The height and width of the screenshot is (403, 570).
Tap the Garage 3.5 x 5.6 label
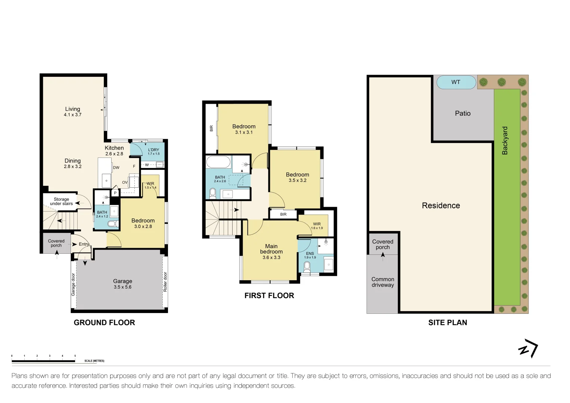pyautogui.click(x=122, y=284)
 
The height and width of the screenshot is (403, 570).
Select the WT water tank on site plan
pyautogui.click(x=456, y=82)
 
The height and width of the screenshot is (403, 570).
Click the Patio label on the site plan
pyautogui.click(x=462, y=113)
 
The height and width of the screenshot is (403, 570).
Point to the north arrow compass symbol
pyautogui.click(x=528, y=349)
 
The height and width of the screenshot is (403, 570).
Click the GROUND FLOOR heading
pyautogui.click(x=104, y=323)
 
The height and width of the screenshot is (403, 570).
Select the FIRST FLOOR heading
pyautogui.click(x=269, y=296)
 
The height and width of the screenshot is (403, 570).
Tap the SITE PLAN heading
pyautogui.click(x=448, y=323)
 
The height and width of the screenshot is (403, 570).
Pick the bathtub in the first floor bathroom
pyautogui.click(x=218, y=163)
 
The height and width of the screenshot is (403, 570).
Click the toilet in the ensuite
pyautogui.click(x=307, y=266)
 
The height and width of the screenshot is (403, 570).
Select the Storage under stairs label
pyautogui.click(x=61, y=201)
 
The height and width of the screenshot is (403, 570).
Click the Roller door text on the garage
pyautogui.click(x=165, y=282)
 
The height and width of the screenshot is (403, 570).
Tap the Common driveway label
pyautogui.click(x=383, y=282)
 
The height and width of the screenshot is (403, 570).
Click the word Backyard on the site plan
pyautogui.click(x=505, y=141)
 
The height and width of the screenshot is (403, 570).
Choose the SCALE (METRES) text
pyautogui.click(x=94, y=361)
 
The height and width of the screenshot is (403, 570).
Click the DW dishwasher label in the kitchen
pyautogui.click(x=116, y=168)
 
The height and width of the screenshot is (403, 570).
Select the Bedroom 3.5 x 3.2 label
pyautogui.click(x=298, y=177)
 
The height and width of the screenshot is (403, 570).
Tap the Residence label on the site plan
pyautogui.click(x=441, y=206)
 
